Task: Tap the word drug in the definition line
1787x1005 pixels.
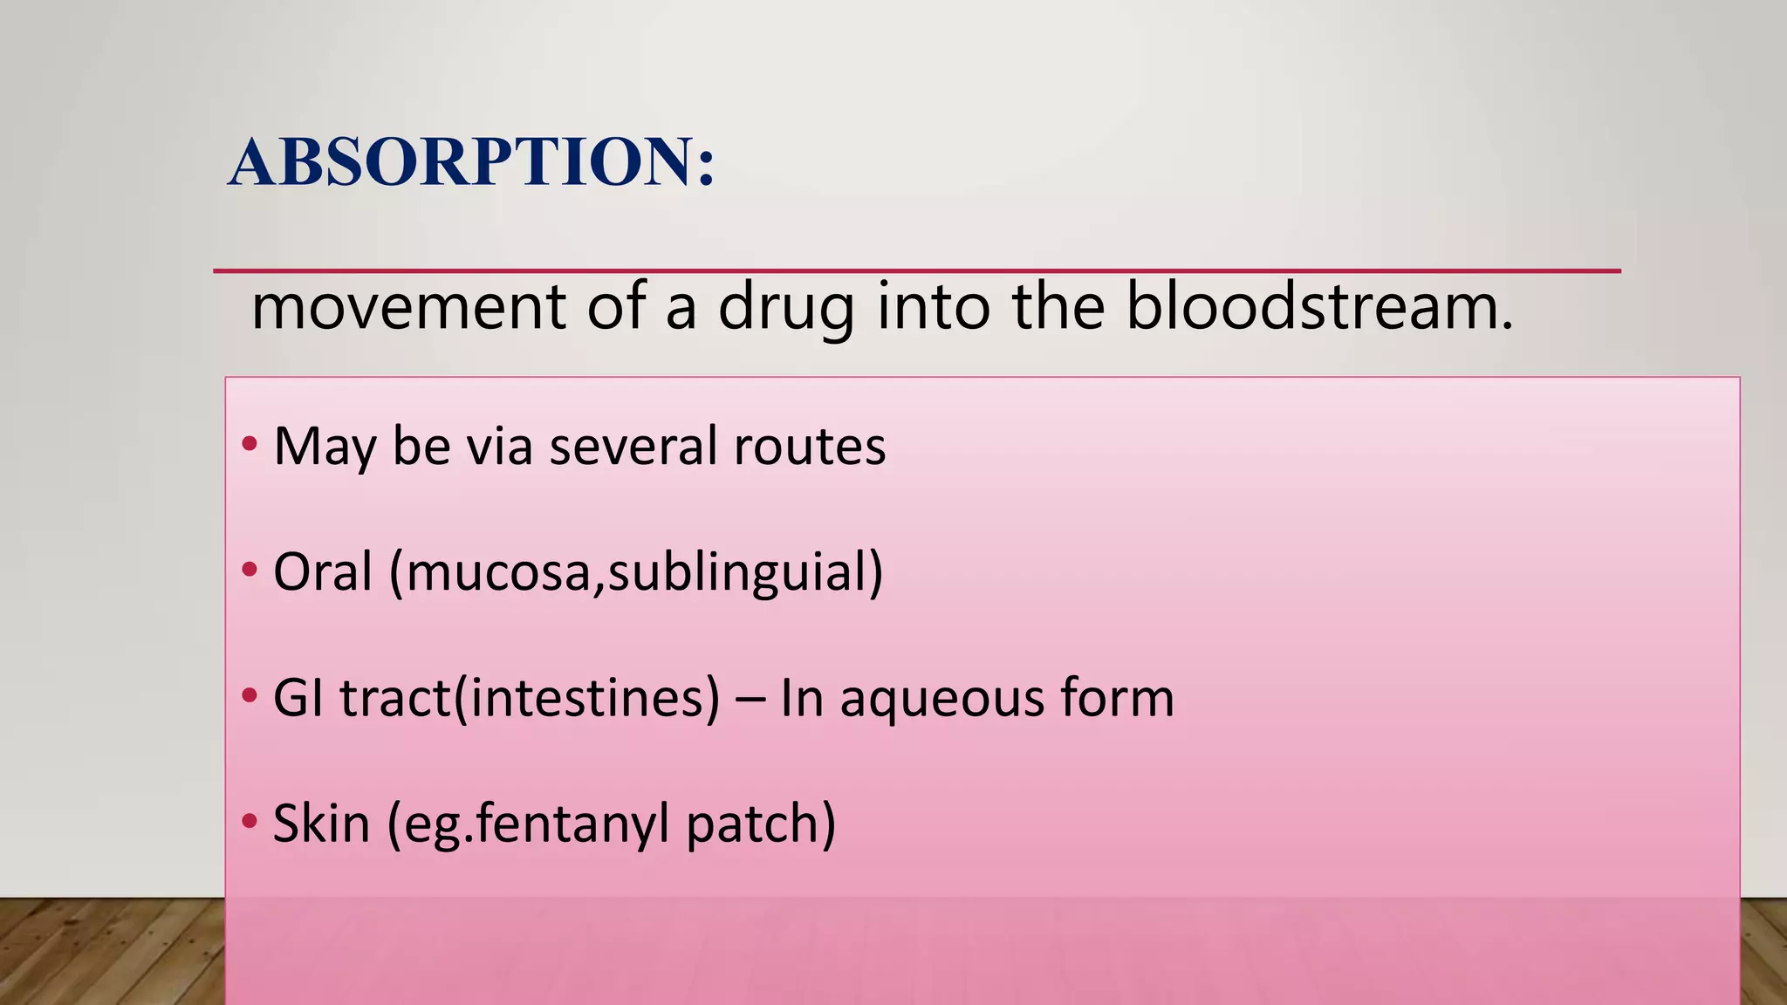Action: [x=785, y=308]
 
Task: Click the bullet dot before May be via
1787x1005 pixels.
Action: [x=250, y=444]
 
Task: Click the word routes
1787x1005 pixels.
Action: [x=809, y=446]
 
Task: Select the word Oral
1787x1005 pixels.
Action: [x=322, y=572]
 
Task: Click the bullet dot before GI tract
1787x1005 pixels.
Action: [x=250, y=696]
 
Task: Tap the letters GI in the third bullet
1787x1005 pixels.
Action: [x=298, y=699]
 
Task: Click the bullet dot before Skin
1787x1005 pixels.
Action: [x=250, y=821]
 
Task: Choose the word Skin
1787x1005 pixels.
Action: [x=321, y=824]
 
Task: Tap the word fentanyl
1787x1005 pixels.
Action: [x=573, y=824]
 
